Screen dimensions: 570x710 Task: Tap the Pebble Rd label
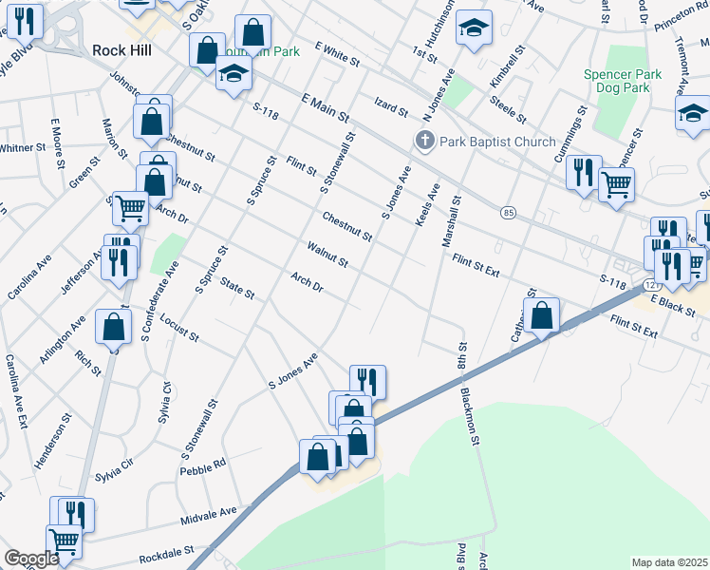206,465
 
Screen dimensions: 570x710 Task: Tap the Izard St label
390,104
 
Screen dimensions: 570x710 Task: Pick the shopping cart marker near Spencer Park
617,184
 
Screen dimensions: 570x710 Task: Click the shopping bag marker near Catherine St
543,316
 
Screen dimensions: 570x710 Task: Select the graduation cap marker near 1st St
473,28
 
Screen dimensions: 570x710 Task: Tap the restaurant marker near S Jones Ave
367,382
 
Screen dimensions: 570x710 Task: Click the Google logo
30,560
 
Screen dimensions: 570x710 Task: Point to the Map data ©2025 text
670,562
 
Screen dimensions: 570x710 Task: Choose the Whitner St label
22,147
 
